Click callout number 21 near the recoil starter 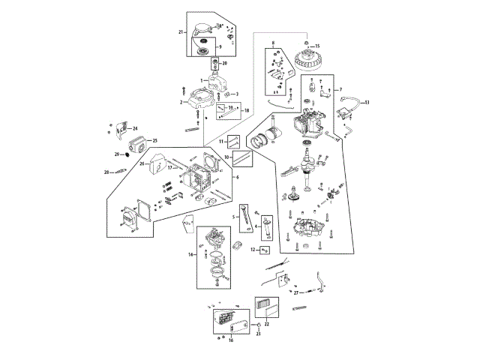181,32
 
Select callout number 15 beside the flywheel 316,46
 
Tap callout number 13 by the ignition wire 367,102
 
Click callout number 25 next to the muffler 155,140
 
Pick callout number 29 117,154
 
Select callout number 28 106,172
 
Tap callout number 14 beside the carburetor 191,256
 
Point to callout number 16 231,340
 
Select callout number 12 254,250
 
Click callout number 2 181,101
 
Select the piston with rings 268,141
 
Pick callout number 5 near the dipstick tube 234,217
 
